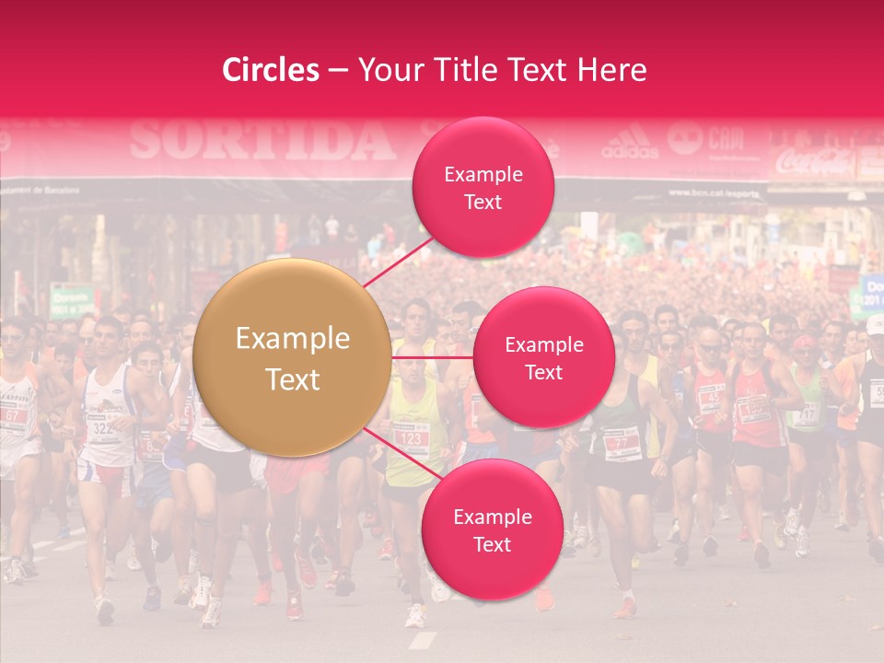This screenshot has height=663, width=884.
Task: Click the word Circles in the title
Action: tap(271, 70)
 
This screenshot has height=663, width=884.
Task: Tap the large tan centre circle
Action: tap(293, 358)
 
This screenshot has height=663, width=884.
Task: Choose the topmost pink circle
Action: tap(483, 187)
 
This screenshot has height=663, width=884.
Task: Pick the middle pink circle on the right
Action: tap(543, 357)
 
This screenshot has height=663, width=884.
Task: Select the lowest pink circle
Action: tap(492, 529)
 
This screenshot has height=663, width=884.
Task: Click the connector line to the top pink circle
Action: tap(397, 262)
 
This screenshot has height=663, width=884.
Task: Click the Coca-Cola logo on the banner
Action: tap(815, 163)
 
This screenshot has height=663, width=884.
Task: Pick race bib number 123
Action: tap(410, 439)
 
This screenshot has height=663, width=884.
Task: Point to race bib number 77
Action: tap(622, 444)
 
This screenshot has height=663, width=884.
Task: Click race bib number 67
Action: tap(14, 415)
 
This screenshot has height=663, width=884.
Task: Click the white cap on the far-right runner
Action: tap(874, 323)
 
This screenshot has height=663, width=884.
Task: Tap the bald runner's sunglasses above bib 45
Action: tap(710, 348)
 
